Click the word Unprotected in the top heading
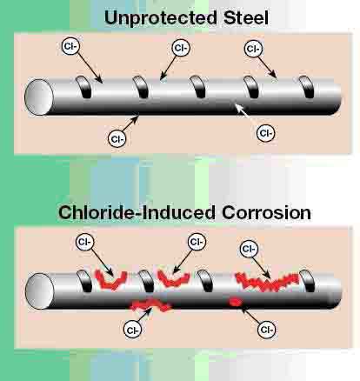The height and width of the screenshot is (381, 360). [161, 18]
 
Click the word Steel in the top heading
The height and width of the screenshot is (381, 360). [246, 17]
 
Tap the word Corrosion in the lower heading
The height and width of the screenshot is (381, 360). [266, 212]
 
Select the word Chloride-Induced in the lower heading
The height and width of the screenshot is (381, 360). [137, 212]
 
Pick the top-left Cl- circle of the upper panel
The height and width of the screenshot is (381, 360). [70, 47]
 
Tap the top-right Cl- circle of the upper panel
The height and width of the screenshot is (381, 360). [254, 49]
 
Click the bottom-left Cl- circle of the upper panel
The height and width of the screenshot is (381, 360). [117, 139]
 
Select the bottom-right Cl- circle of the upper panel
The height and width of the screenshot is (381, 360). [265, 133]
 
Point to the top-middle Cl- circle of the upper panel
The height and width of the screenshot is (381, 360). [181, 48]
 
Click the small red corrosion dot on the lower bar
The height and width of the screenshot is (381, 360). [235, 303]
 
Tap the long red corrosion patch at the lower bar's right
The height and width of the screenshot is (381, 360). [267, 282]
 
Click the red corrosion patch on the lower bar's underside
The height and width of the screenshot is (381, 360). [150, 305]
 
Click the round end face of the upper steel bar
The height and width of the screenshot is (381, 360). [39, 97]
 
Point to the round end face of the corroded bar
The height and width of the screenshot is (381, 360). [39, 291]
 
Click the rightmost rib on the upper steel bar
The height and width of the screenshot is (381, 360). [307, 87]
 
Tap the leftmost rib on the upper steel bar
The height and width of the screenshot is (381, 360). [83, 87]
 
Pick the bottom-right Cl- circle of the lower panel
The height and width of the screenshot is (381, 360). [267, 330]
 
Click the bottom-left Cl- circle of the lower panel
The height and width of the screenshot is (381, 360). [132, 331]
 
